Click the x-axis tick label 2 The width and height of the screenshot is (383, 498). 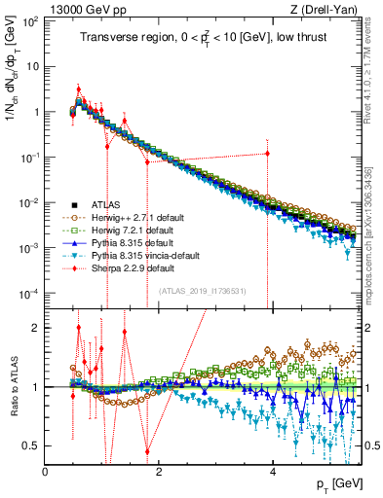(160, 472)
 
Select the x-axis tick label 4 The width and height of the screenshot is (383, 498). (273, 472)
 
